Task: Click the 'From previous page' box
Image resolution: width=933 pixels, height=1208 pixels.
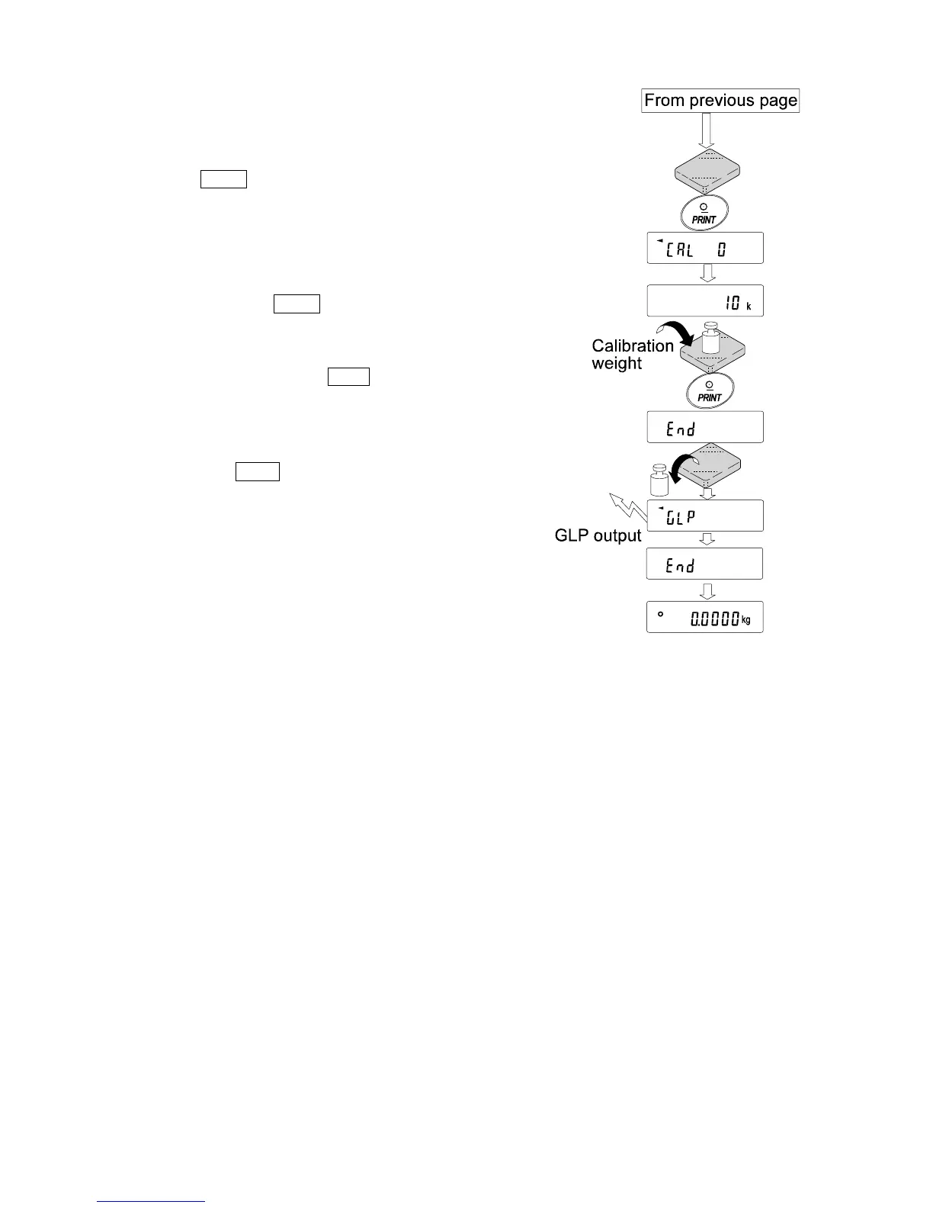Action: point(720,100)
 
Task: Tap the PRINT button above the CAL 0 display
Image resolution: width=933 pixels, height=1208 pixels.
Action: point(704,213)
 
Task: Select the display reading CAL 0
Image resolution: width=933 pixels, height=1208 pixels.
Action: point(705,249)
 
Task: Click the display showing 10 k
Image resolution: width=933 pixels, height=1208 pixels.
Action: point(705,300)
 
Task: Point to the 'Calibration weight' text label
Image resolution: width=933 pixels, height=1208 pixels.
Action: point(632,355)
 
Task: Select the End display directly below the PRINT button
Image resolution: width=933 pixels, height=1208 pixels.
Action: point(705,427)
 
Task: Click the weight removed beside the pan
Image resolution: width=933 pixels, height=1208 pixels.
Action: point(658,480)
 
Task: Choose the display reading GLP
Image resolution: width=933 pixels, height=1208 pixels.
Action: point(705,516)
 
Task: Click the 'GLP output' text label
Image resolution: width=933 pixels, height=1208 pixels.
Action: point(598,536)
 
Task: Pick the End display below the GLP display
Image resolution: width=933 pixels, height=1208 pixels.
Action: point(705,564)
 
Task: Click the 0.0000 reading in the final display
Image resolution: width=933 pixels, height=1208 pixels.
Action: point(714,620)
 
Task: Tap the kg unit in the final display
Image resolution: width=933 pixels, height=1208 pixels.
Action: point(746,620)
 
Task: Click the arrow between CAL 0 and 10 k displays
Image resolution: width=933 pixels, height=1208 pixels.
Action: point(707,273)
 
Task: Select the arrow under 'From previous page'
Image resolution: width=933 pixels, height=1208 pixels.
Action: point(707,130)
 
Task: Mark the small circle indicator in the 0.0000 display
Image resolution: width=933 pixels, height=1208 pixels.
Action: point(661,614)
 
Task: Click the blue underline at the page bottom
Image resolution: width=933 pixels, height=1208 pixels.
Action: point(151,1202)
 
